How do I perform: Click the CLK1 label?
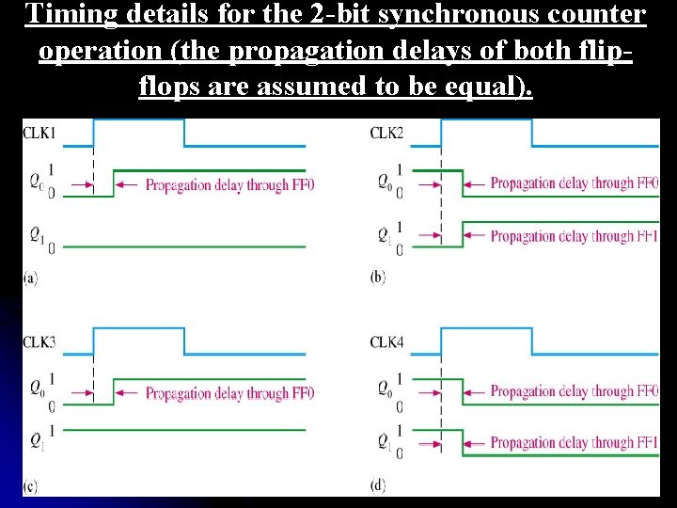click(x=39, y=134)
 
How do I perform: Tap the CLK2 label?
click(x=386, y=134)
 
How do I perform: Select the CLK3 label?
click(x=39, y=341)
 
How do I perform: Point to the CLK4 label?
click(x=386, y=341)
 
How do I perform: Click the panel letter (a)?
click(x=30, y=278)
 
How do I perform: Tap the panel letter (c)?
click(x=30, y=485)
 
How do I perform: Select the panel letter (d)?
click(x=378, y=485)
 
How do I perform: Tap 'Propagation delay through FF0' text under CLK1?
click(x=229, y=185)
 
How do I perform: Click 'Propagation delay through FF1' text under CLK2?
click(x=575, y=236)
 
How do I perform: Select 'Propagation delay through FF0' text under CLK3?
click(x=229, y=393)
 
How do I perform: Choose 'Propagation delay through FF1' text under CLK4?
click(x=575, y=442)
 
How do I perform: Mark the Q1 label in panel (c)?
click(x=37, y=439)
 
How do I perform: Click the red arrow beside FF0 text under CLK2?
click(x=476, y=183)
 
